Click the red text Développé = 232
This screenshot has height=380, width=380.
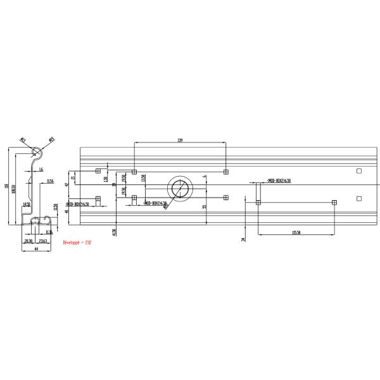coord(78,242)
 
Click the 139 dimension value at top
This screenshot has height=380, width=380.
coord(180,140)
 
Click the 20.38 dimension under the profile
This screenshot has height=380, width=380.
coord(28,241)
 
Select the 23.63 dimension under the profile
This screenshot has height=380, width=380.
coord(43,241)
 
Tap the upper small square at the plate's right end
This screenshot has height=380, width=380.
coord(359,171)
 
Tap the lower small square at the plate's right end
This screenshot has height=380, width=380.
coord(359,198)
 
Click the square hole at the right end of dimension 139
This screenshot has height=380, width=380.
coord(225,172)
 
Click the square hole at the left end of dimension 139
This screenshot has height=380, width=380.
coord(134,172)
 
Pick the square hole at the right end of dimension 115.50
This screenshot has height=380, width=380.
coord(334,203)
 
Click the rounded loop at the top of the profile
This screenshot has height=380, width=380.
coord(38,153)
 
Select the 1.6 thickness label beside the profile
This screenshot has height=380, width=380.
coord(41,170)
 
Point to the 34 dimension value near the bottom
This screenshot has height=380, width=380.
coord(243,239)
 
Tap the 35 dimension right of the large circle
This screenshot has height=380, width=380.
coord(205,206)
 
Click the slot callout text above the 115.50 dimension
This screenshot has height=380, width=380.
coord(279,180)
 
